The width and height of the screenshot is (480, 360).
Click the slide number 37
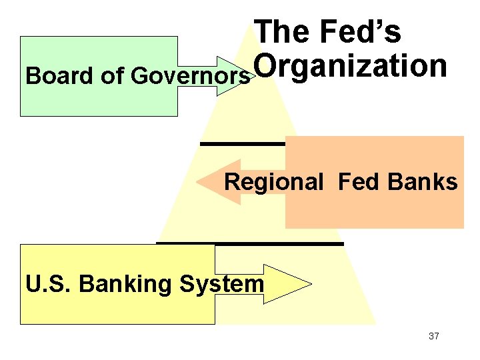(434, 336)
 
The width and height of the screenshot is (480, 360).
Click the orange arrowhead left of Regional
(211, 181)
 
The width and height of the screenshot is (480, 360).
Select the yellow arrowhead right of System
(296, 284)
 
